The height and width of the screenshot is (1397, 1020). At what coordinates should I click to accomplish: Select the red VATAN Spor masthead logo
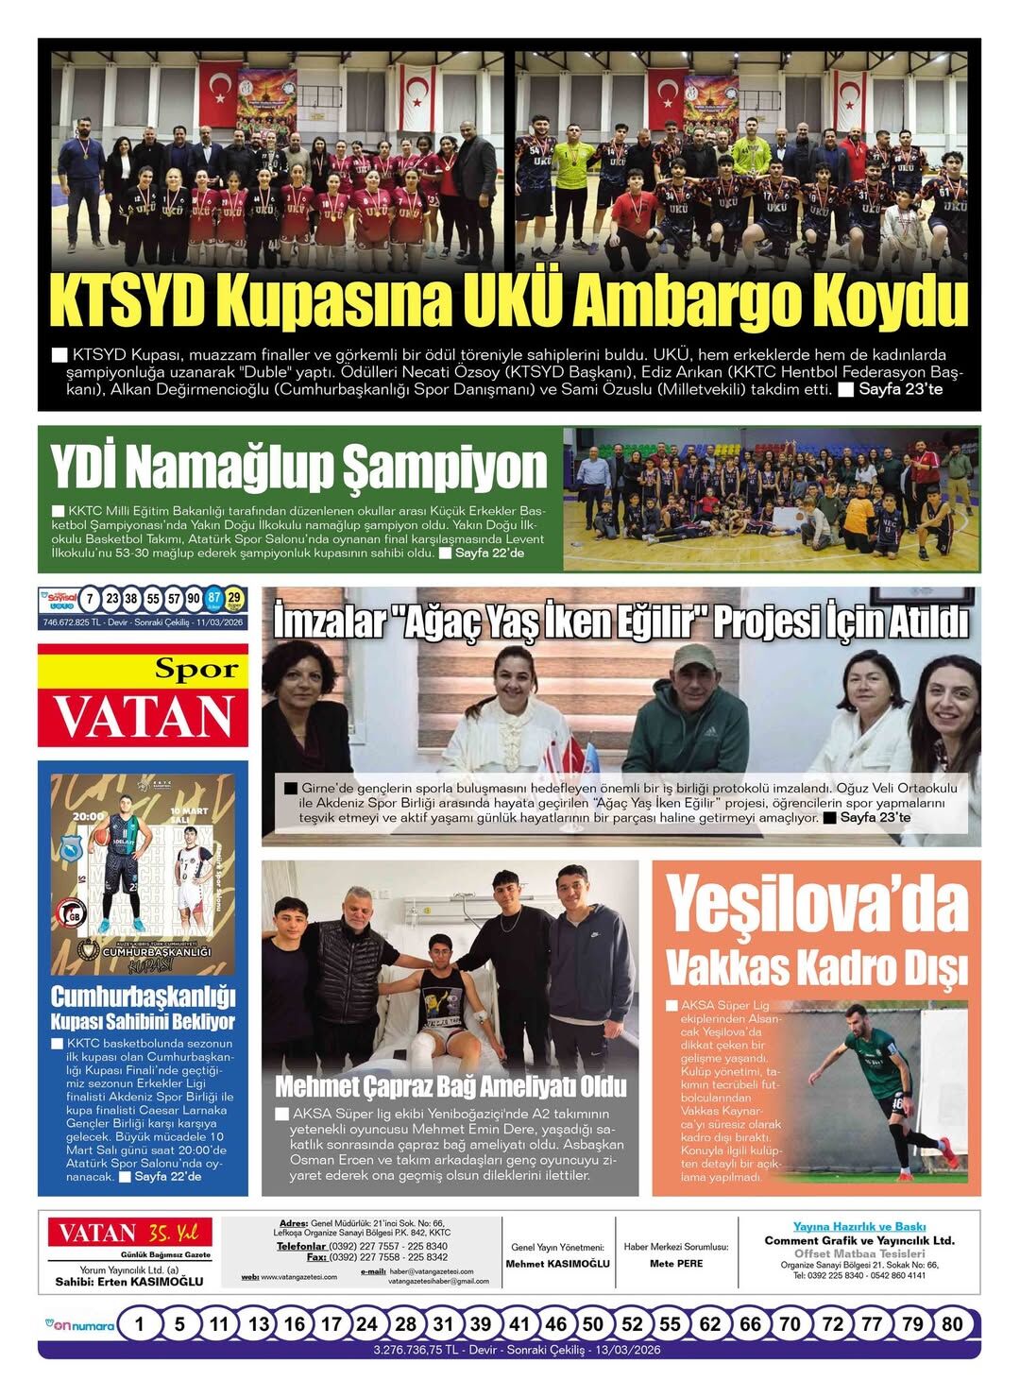[144, 697]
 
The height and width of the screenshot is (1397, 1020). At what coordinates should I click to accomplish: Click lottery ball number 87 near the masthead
[214, 599]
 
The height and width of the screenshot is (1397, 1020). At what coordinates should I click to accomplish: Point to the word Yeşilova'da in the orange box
[817, 905]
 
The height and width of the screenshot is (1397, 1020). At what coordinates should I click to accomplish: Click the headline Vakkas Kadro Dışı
[817, 967]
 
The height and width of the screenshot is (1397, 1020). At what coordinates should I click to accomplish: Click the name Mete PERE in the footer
[676, 1263]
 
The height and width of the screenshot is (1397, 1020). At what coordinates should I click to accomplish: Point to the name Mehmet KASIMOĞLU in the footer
[557, 1263]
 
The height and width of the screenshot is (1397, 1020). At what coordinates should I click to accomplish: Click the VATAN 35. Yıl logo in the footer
[130, 1233]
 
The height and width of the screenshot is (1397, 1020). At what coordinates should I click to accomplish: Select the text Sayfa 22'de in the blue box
[168, 1177]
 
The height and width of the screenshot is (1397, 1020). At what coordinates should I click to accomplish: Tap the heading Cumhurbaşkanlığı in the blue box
[143, 997]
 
